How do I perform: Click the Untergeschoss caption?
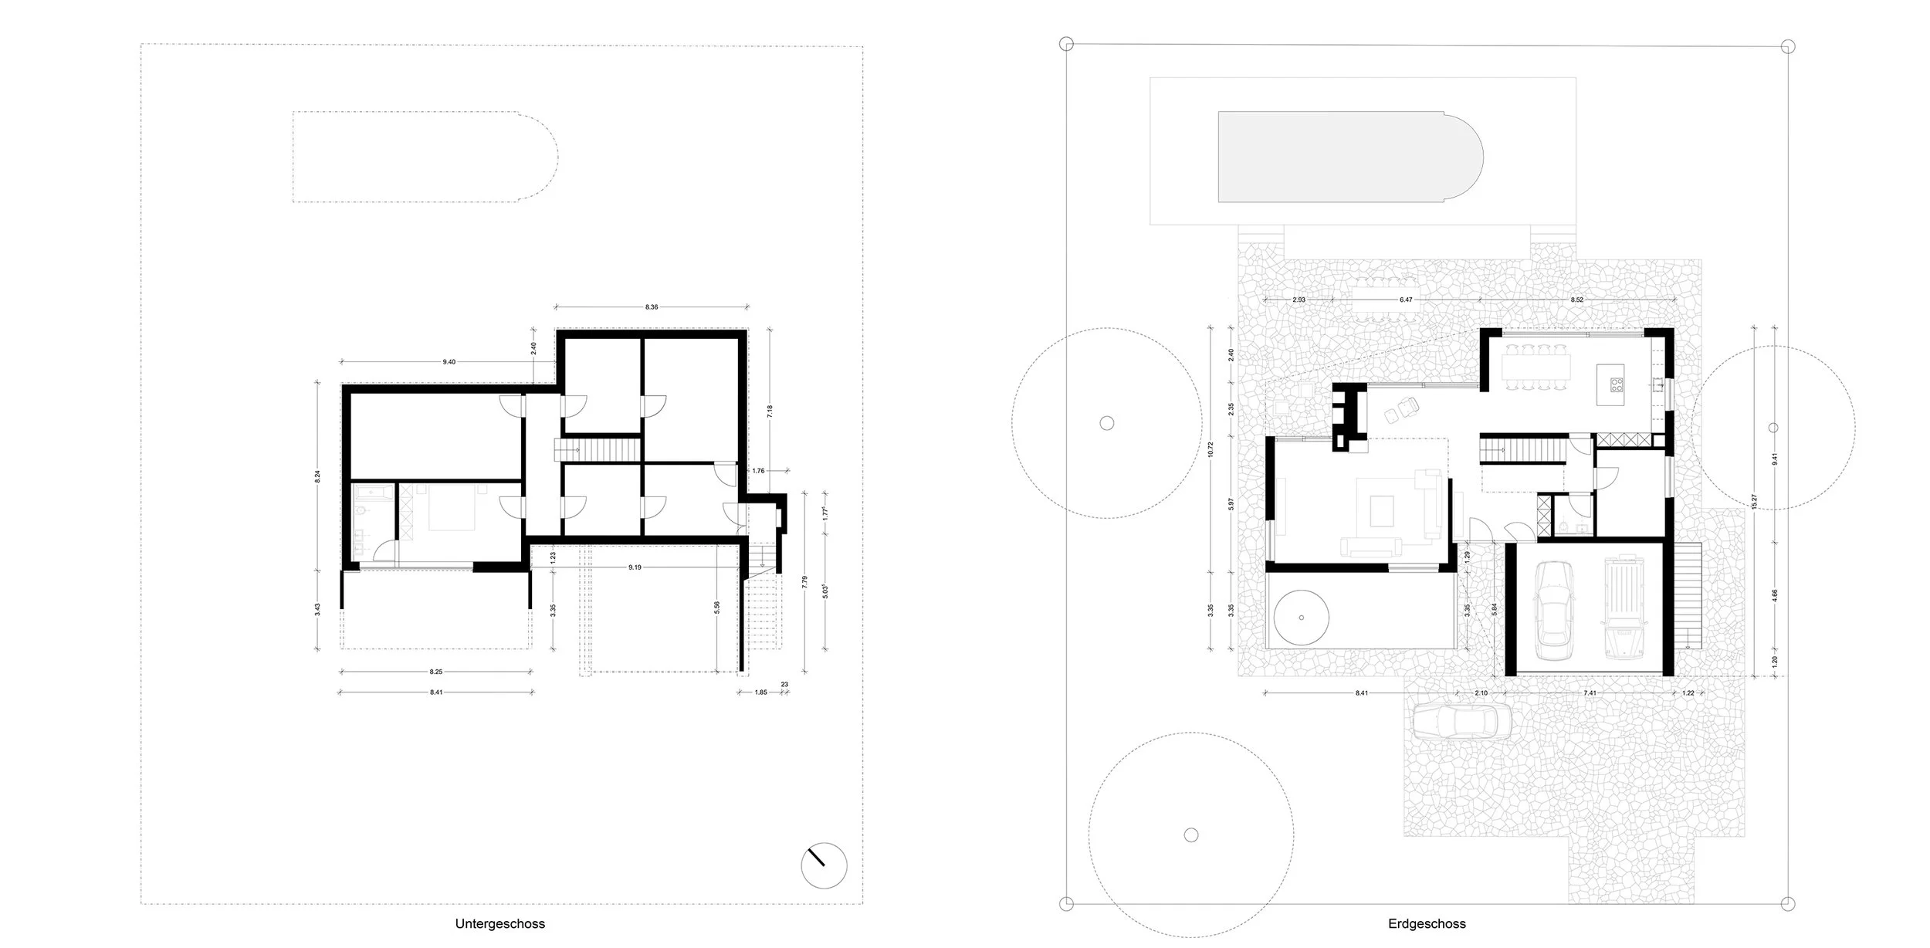pyautogui.click(x=499, y=923)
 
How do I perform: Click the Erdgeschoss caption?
pyautogui.click(x=1427, y=923)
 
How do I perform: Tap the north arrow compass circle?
pyautogui.click(x=824, y=865)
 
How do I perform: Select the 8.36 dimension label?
pyautogui.click(x=652, y=307)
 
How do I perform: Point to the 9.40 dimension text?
pyautogui.click(x=449, y=361)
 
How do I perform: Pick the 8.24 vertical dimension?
pyautogui.click(x=317, y=476)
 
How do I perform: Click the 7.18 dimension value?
pyautogui.click(x=769, y=411)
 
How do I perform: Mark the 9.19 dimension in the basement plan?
pyautogui.click(x=635, y=567)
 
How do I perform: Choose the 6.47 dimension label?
pyautogui.click(x=1405, y=300)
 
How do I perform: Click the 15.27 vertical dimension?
pyautogui.click(x=1755, y=502)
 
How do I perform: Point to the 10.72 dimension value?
pyautogui.click(x=1210, y=449)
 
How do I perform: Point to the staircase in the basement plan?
pyautogui.click(x=598, y=449)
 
